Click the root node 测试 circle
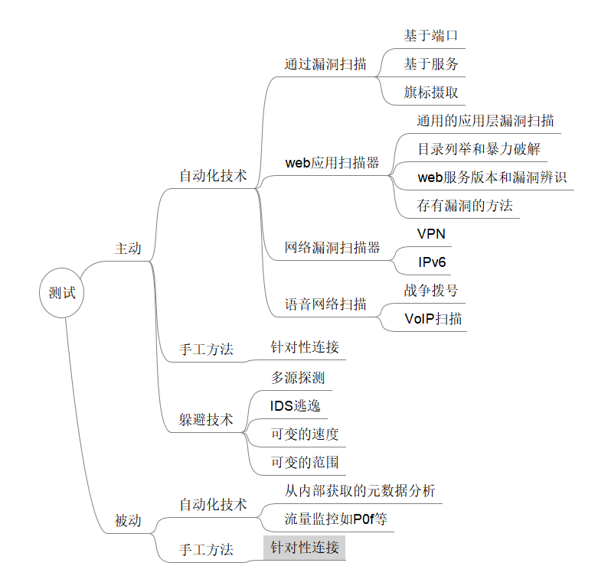click(x=62, y=293)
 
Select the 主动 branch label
click(x=128, y=249)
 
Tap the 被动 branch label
click(x=128, y=521)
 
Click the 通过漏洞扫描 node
click(x=325, y=64)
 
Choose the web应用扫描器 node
click(x=332, y=163)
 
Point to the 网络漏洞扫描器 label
click(x=332, y=248)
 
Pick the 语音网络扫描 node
click(x=325, y=304)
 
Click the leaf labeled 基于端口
click(x=431, y=36)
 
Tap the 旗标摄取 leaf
click(x=431, y=93)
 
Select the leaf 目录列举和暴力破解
click(x=479, y=148)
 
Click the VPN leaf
click(x=431, y=233)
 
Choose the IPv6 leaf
click(x=432, y=262)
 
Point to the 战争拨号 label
click(x=431, y=291)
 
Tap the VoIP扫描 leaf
click(x=433, y=319)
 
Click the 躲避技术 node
click(x=206, y=419)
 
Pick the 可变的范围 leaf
click(x=305, y=462)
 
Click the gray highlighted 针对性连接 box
click(x=305, y=548)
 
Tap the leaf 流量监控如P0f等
click(x=336, y=519)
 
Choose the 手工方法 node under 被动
click(x=206, y=549)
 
